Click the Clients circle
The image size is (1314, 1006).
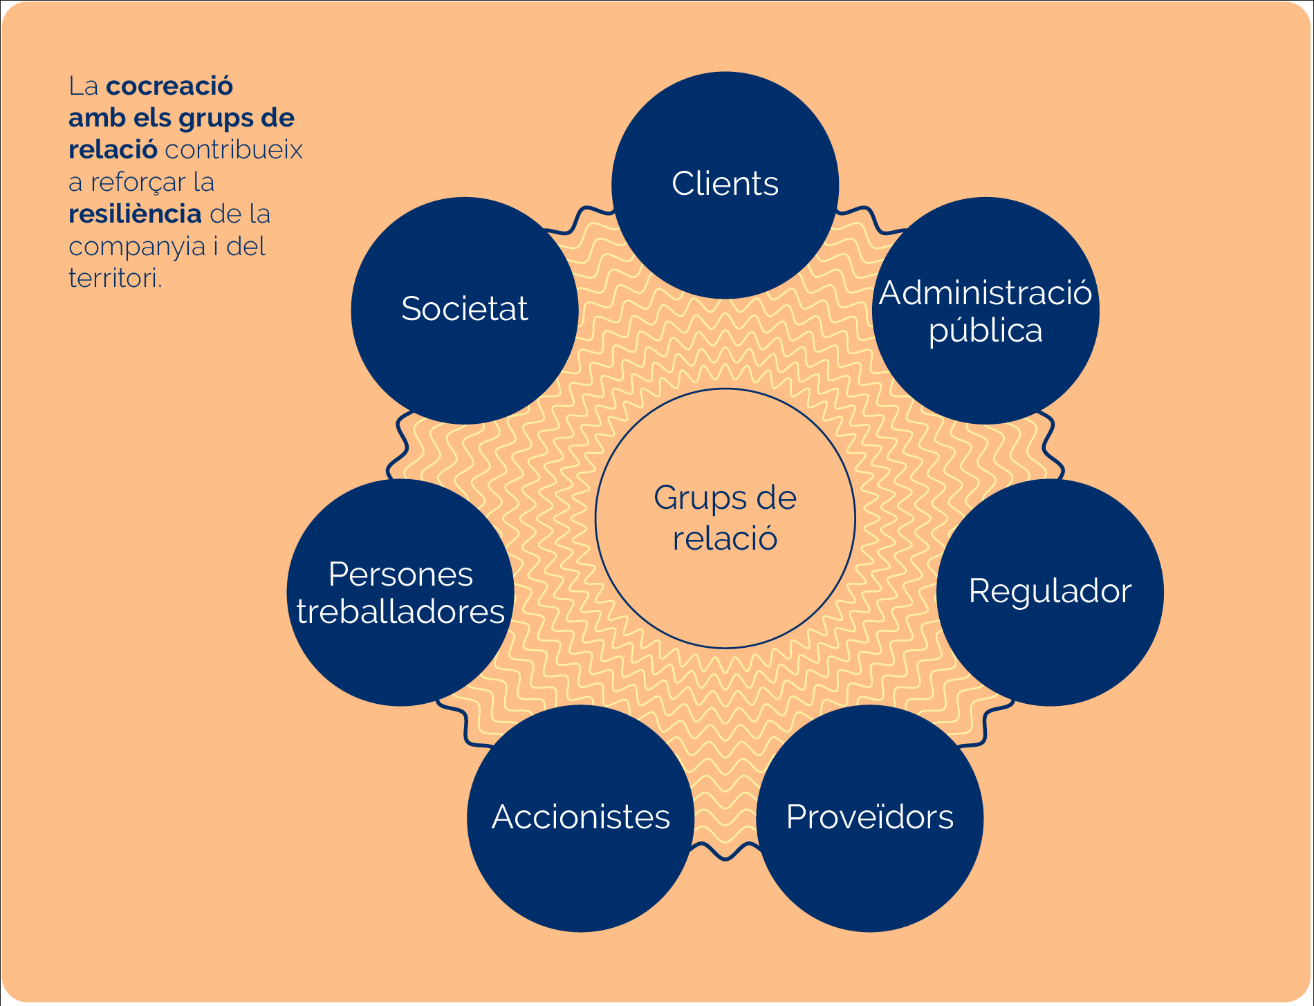(x=725, y=185)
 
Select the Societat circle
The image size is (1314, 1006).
(x=465, y=310)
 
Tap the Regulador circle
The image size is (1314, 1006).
(x=1050, y=593)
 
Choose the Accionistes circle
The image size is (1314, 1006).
(x=581, y=819)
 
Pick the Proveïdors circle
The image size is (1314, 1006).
(x=870, y=819)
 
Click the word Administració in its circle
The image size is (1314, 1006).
(x=985, y=293)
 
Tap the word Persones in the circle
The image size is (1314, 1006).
(x=400, y=574)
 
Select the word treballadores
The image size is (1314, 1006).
(x=400, y=611)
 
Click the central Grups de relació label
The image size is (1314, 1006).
(x=725, y=518)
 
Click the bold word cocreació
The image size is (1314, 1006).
(x=169, y=86)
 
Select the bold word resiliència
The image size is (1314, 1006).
(x=135, y=214)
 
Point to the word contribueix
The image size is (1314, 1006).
(x=234, y=149)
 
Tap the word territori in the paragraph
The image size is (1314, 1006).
(x=115, y=278)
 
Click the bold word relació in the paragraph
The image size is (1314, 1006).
(x=113, y=149)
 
